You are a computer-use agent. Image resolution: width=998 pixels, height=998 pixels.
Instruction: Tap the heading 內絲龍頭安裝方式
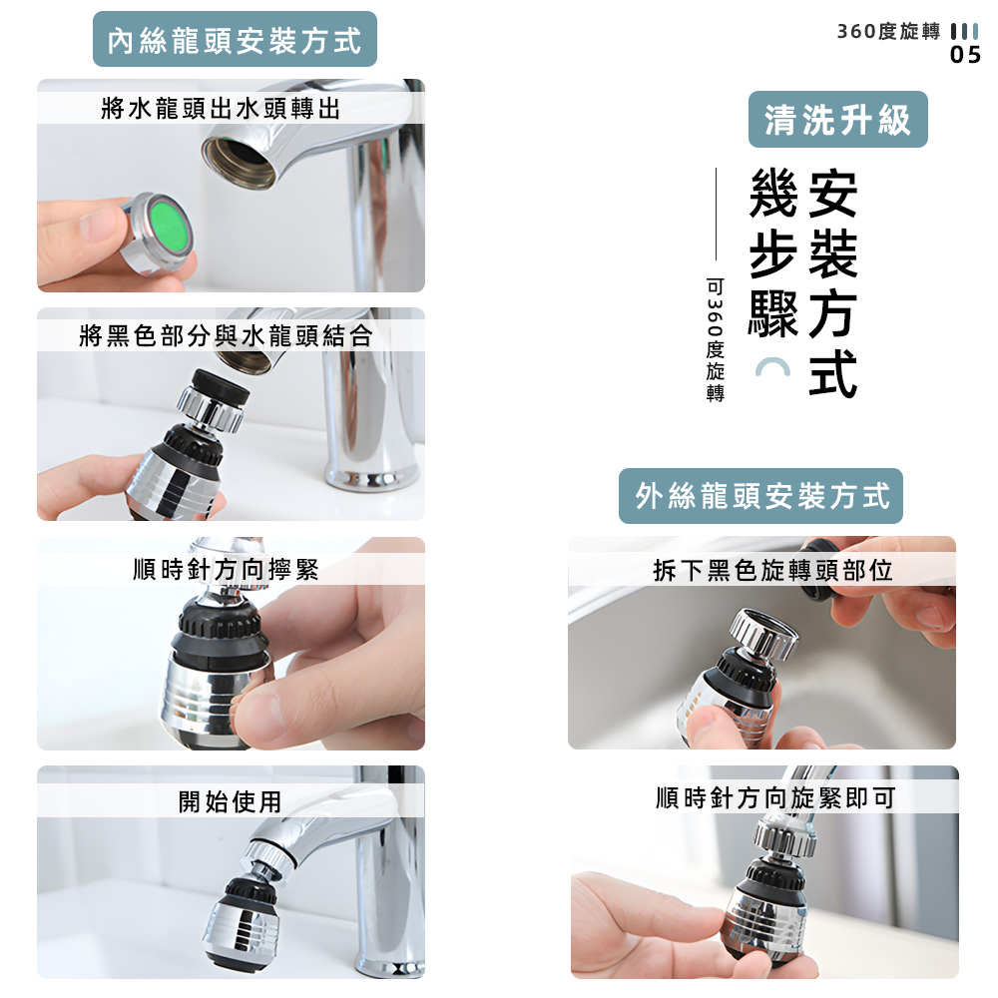click(x=235, y=40)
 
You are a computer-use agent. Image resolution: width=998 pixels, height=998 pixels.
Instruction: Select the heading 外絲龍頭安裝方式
click(x=760, y=496)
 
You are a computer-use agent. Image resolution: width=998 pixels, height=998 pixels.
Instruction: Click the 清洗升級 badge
click(x=838, y=120)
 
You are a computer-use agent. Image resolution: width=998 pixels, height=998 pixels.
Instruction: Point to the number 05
click(x=965, y=56)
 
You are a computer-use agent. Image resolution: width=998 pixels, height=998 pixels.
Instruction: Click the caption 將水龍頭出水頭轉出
click(x=222, y=108)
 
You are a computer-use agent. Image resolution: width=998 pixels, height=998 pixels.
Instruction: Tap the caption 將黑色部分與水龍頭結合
click(x=226, y=336)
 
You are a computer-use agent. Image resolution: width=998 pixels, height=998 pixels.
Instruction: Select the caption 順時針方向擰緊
click(x=227, y=570)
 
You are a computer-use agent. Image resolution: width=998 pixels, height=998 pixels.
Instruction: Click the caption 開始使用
click(x=231, y=800)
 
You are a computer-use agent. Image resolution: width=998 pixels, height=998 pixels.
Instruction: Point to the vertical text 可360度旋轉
click(x=715, y=339)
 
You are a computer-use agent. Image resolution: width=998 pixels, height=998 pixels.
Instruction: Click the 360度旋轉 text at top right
click(x=888, y=31)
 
